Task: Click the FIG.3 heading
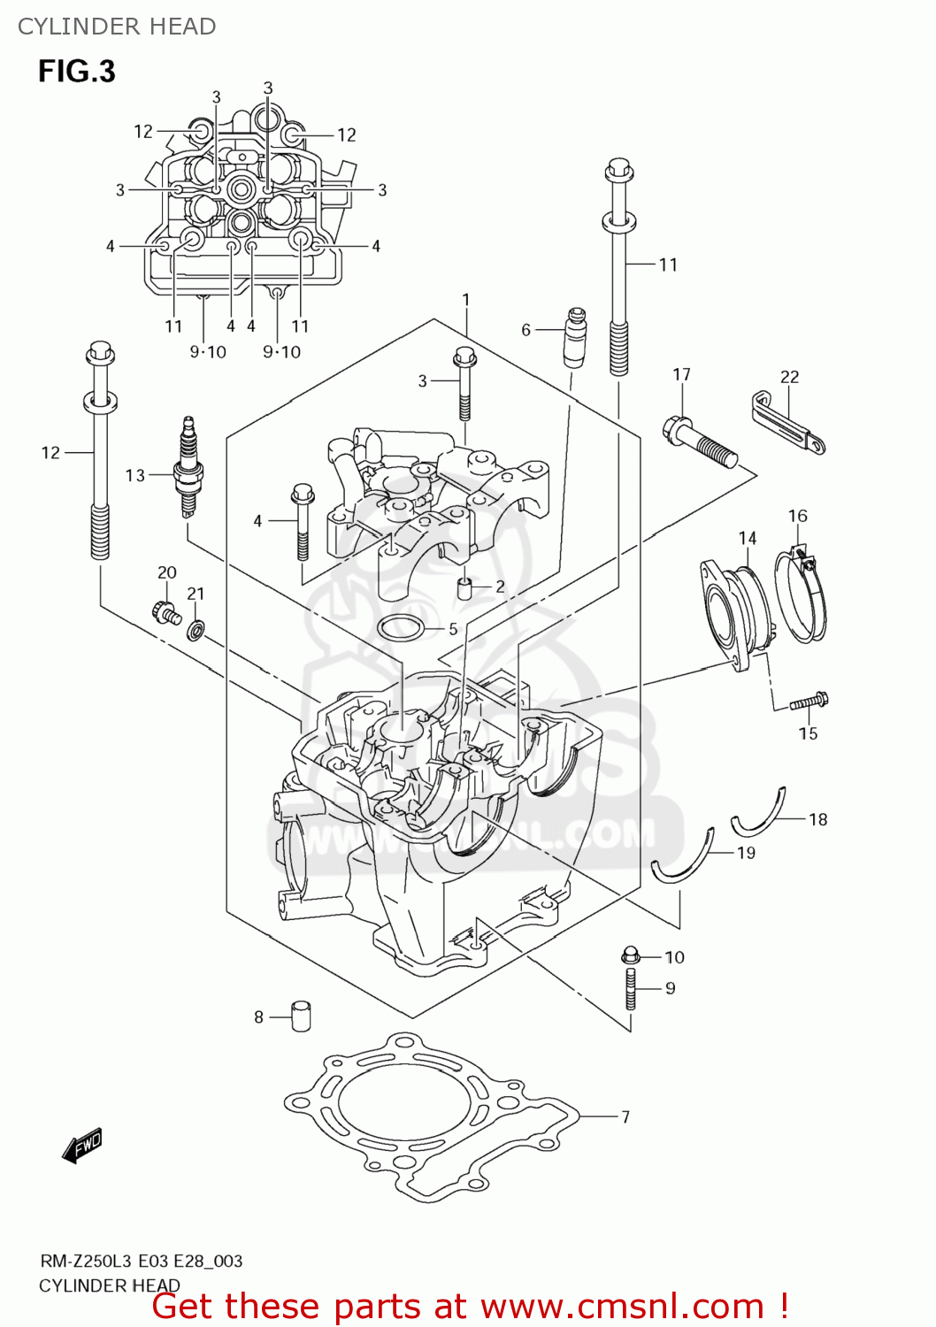click(x=76, y=71)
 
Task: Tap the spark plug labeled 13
click(x=188, y=466)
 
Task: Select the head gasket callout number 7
click(x=625, y=1116)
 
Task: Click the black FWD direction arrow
click(x=82, y=1146)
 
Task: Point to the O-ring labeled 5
click(x=399, y=629)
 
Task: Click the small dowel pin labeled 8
click(x=302, y=1016)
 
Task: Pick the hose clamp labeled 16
click(x=802, y=595)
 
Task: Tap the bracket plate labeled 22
click(x=788, y=423)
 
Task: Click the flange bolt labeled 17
click(x=699, y=442)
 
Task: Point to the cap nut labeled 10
click(x=630, y=955)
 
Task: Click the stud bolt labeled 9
click(x=630, y=989)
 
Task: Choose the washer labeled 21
click(x=196, y=630)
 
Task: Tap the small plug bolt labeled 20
click(x=165, y=611)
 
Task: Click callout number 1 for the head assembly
click(x=466, y=300)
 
